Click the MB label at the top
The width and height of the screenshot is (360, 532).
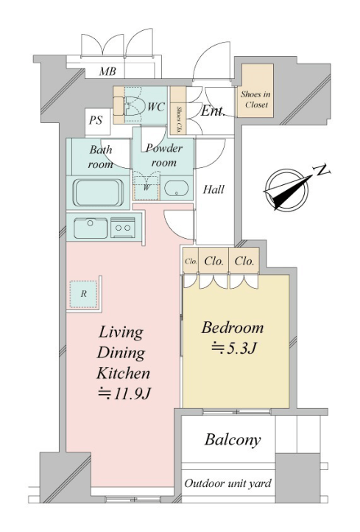[x=107, y=71]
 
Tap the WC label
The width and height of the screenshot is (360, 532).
[x=156, y=107]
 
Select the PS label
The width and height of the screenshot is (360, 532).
[x=96, y=120]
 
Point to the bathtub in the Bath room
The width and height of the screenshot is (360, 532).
[x=98, y=193]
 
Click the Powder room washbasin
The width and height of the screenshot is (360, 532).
[x=176, y=189]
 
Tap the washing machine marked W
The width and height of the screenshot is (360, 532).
[x=147, y=188]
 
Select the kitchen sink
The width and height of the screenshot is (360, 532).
[x=91, y=228]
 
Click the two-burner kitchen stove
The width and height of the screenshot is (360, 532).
[x=123, y=228]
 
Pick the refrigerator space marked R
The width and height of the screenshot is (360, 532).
[x=84, y=294]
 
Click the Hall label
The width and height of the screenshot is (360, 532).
[x=213, y=189]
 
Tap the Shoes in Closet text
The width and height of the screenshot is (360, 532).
[x=256, y=99]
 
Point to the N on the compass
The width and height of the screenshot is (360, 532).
[x=322, y=169]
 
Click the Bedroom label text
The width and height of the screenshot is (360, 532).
[x=233, y=328]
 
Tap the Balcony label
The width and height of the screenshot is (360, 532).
[x=233, y=440]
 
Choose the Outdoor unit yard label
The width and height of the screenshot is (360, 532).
[x=227, y=483]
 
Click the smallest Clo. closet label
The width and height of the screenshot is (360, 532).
[x=191, y=262]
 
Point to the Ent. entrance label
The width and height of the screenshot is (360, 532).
[x=213, y=111]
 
